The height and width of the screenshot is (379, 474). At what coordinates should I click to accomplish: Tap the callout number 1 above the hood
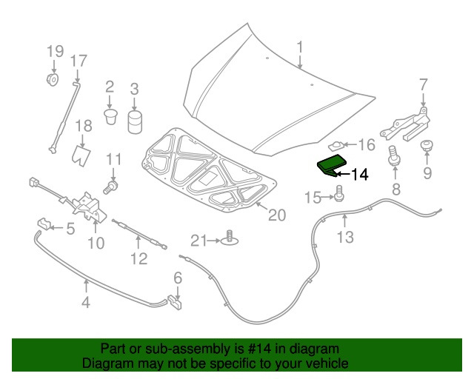pyautogui.click(x=300, y=48)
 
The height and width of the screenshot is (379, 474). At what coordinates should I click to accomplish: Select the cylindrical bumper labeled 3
pyautogui.click(x=134, y=121)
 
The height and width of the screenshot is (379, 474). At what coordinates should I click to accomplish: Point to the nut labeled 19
pyautogui.click(x=53, y=79)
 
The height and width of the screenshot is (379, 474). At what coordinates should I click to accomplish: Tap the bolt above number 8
pyautogui.click(x=394, y=156)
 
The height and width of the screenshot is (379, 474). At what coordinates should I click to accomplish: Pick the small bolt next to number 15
pyautogui.click(x=339, y=195)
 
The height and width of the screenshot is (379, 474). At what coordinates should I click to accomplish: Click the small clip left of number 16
pyautogui.click(x=337, y=145)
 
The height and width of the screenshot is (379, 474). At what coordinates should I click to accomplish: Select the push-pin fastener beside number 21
pyautogui.click(x=230, y=239)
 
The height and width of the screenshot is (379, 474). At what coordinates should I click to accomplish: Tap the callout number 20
pyautogui.click(x=276, y=215)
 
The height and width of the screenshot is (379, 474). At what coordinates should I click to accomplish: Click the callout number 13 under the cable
pyautogui.click(x=345, y=237)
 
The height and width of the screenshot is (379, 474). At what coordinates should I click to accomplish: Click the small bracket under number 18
pyautogui.click(x=81, y=155)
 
